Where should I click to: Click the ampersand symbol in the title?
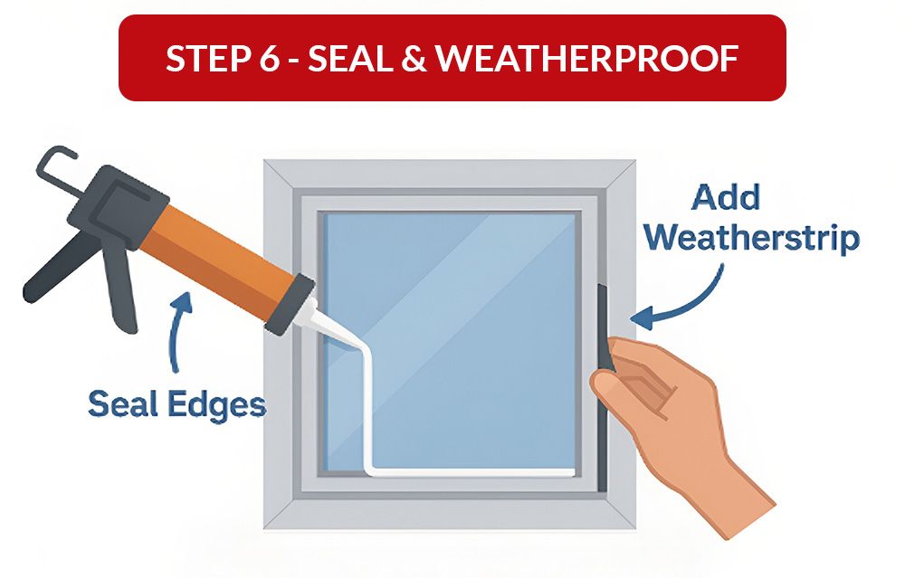click(x=417, y=59)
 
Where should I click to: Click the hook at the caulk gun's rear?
click(x=56, y=168)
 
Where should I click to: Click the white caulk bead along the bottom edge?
click(x=471, y=472)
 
